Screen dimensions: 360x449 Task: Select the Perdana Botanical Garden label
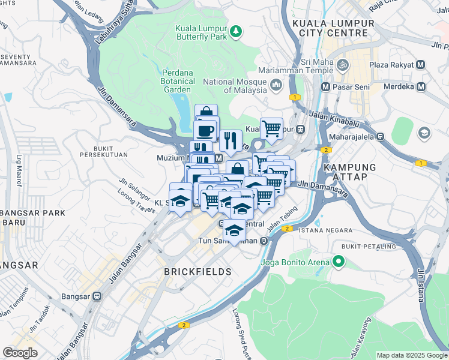point(178,81)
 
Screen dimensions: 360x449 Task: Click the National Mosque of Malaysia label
point(235,86)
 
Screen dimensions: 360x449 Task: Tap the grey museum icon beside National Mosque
point(276,85)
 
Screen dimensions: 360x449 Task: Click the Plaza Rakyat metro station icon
point(420,65)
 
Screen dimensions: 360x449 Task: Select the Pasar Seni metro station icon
point(325,86)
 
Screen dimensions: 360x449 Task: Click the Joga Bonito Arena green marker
point(339,262)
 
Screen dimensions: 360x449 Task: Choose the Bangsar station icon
point(96,296)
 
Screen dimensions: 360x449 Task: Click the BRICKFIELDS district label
point(197,272)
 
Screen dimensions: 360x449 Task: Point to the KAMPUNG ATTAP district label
point(349,172)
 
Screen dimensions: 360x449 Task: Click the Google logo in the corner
point(20,353)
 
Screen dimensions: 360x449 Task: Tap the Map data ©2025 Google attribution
point(411,355)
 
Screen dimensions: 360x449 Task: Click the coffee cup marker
point(206,130)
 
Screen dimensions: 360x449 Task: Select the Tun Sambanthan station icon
point(262,241)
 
